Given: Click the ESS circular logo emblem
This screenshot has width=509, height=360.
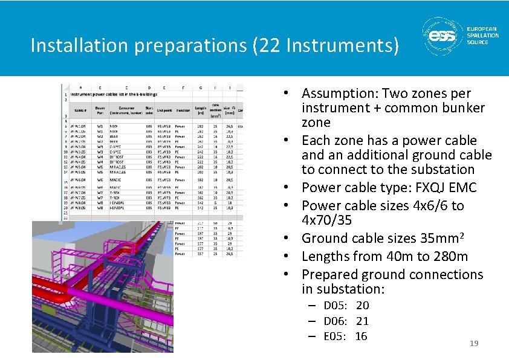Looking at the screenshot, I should click(x=442, y=37).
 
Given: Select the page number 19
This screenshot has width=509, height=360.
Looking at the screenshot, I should click(x=474, y=344).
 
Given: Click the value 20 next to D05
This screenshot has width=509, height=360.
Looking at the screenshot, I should click(x=362, y=306).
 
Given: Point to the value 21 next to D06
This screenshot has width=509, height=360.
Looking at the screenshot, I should click(x=362, y=321).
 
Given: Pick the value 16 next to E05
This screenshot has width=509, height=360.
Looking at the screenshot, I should click(x=361, y=336).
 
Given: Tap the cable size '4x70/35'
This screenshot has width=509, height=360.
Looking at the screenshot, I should click(x=326, y=220).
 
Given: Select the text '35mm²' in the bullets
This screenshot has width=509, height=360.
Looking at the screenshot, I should click(x=438, y=238).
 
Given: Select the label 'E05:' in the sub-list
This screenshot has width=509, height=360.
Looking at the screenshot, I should click(x=334, y=336).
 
